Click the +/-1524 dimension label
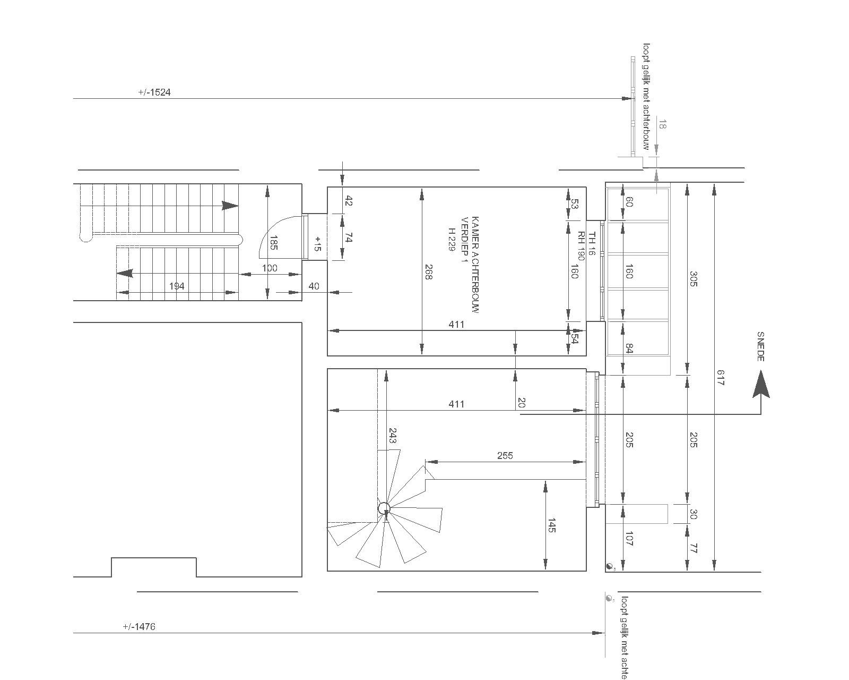coord(154,92)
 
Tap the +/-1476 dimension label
coord(139,627)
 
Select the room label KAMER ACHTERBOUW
coord(475,265)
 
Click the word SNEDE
coord(760,346)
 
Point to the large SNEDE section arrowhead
coord(761,384)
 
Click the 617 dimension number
coord(720,378)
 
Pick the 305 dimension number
coord(694,278)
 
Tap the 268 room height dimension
coord(428,272)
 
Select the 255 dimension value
coord(505,456)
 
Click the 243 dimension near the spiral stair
coord(392,436)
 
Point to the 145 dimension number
coord(551,525)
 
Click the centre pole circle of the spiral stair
coord(384,508)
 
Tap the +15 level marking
coord(318,244)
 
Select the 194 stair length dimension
coord(177,286)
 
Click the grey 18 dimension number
coord(662,124)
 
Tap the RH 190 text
coord(581,246)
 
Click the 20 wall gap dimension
coord(521,403)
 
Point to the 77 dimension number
coord(694,548)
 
